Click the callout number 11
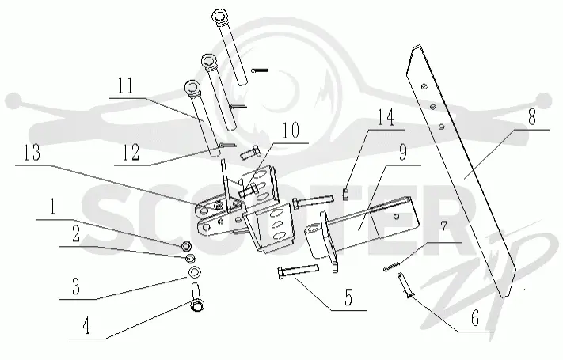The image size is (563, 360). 125,86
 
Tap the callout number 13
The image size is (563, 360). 32,153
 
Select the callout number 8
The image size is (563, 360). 532,117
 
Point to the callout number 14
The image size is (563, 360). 386,117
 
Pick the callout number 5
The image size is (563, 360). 348,297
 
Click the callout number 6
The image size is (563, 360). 474,318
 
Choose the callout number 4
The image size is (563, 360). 86,326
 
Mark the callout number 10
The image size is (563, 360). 291,131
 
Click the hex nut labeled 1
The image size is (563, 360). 186,246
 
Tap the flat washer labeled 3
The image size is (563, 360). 194,272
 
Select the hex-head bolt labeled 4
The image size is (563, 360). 196,297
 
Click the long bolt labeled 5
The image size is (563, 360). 298,271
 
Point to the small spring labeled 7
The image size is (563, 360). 392,266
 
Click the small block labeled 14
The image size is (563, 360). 345,194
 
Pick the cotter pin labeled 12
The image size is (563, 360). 227,145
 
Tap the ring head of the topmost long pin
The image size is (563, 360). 220,17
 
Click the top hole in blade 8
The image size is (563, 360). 424,86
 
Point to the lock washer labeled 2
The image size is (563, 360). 190,258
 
